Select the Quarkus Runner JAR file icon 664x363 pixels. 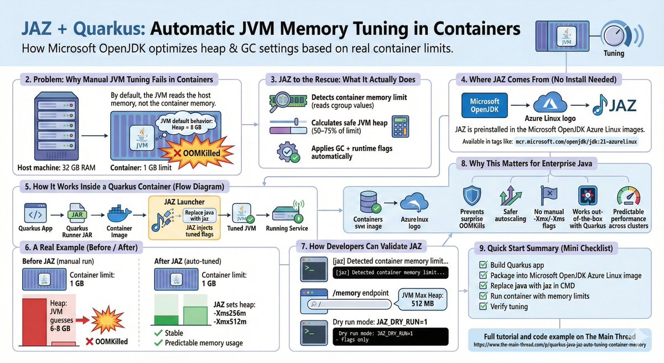coord(76,213)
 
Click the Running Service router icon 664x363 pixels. coord(286,213)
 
